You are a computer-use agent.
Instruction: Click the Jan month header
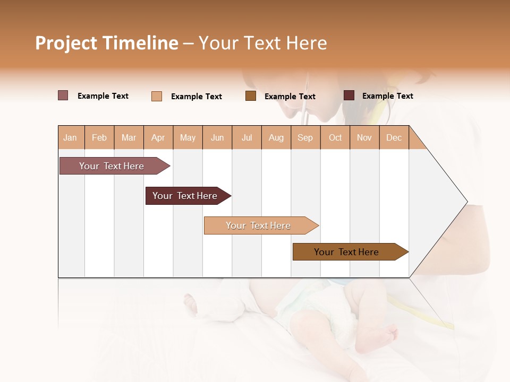70,137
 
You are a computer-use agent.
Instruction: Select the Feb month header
99,137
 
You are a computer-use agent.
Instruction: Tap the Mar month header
129,137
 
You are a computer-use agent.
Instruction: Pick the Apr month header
158,137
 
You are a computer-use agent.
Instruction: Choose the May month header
188,137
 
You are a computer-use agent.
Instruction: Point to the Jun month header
217,137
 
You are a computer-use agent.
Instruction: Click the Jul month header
246,137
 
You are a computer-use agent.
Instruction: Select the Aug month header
276,137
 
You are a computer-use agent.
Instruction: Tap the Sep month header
305,137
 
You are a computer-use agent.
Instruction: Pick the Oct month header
335,137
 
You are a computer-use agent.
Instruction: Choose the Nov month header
364,137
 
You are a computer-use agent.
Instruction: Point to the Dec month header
394,137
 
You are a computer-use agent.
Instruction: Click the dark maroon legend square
349,95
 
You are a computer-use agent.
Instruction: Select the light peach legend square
157,96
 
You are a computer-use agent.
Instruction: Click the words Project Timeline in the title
107,43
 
